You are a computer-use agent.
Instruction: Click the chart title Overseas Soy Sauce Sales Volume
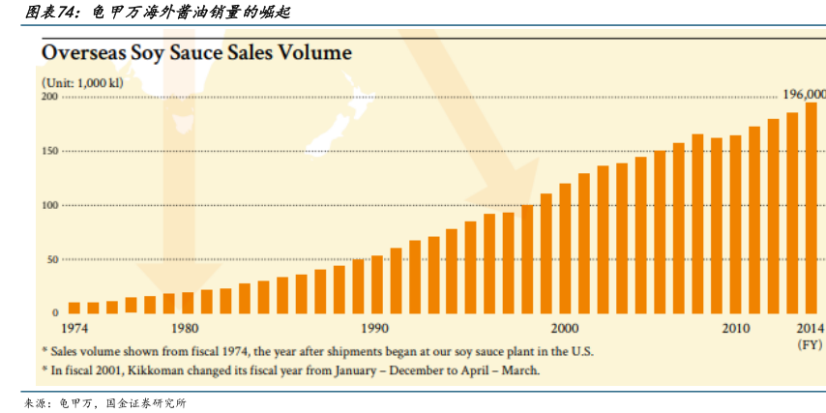196,52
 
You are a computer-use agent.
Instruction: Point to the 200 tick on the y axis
49,97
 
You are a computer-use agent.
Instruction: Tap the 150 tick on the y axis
49,151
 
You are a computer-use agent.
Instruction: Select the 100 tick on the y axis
49,205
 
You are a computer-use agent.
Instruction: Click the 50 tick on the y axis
52,259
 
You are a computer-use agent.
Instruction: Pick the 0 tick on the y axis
55,313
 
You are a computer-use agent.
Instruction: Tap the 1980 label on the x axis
188,329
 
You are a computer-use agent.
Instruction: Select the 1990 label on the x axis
376,329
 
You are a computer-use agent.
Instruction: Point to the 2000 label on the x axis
565,329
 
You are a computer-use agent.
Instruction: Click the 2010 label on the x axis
736,329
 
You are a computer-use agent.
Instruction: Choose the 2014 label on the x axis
811,329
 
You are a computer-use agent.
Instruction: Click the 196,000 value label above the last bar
804,94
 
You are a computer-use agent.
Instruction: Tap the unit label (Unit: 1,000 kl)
81,84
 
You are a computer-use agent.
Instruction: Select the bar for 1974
74,308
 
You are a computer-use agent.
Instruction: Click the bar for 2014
811,208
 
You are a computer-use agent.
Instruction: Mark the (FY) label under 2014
810,344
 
